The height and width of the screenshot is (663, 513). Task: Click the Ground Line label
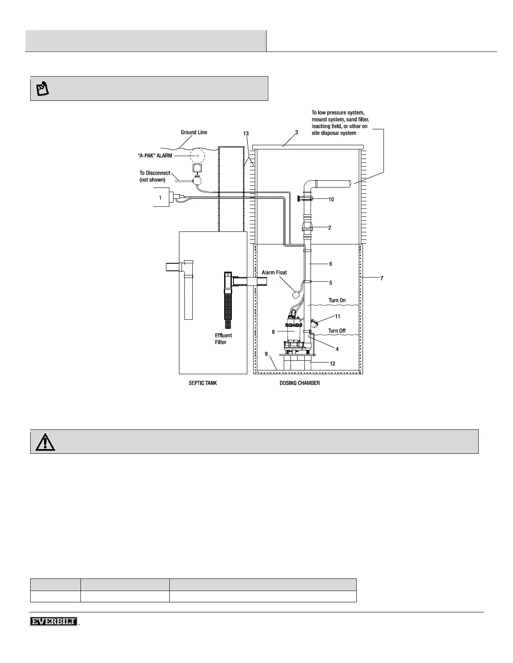point(194,132)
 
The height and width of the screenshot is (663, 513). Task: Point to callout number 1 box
point(160,198)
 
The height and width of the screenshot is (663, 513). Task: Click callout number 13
point(246,133)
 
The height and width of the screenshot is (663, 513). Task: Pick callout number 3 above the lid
point(296,132)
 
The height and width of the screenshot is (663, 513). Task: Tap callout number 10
point(331,200)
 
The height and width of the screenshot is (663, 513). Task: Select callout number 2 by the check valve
point(330,228)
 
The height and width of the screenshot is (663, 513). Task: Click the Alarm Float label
point(274,272)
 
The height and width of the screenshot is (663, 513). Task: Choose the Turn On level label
point(337,301)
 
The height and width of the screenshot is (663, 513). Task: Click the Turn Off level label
point(337,331)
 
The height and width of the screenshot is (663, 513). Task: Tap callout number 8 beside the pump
point(273,332)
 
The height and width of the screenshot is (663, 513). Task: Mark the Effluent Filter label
point(223,339)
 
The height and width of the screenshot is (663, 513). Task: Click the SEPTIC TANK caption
point(203,383)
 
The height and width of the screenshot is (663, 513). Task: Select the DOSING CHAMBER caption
point(300,383)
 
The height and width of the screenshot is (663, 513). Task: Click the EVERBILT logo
point(54,622)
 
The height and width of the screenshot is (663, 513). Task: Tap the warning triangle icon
point(45,442)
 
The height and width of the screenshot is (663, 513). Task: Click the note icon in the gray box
point(43,89)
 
